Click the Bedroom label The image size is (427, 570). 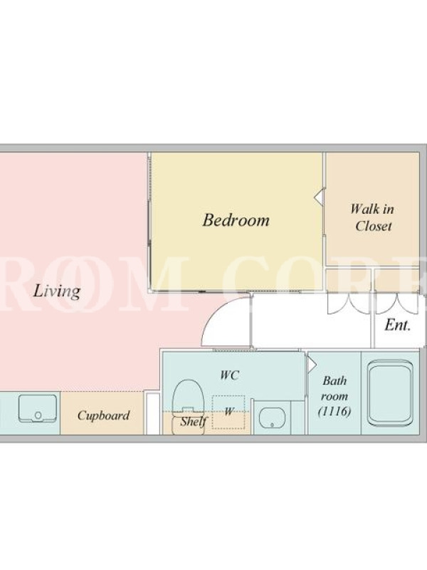coord(236,220)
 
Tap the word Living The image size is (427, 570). coord(57,291)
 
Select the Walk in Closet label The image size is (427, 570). coord(372,217)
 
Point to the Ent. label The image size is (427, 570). coord(398,325)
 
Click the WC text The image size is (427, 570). coord(229,375)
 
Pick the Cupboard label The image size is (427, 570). coord(103,415)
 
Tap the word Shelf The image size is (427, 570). coord(194,421)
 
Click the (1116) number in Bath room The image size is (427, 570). coord(334,411)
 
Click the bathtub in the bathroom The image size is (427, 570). coord(390,393)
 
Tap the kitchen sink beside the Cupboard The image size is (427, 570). coord(38,408)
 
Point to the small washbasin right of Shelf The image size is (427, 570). coord(272,418)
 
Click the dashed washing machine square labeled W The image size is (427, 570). coord(228,412)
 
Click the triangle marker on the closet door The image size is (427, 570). coord(318,197)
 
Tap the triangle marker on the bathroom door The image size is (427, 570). coord(312,365)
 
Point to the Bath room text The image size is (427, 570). coord(334,388)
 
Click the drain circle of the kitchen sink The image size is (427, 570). coord(38,415)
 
